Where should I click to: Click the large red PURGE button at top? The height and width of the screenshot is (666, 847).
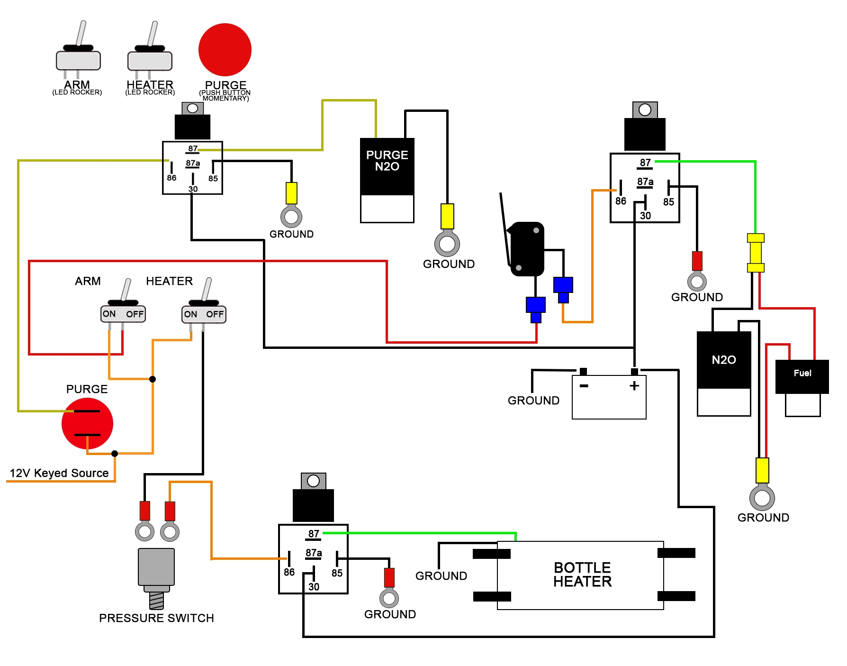pyautogui.click(x=225, y=50)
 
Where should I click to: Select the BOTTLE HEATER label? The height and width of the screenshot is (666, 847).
pyautogui.click(x=582, y=575)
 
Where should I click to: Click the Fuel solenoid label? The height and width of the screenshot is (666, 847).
pyautogui.click(x=802, y=374)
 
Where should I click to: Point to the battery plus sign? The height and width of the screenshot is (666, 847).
pyautogui.click(x=634, y=386)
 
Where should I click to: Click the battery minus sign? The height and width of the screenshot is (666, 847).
pyautogui.click(x=584, y=386)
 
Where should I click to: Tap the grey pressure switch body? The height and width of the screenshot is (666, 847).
pyautogui.click(x=156, y=567)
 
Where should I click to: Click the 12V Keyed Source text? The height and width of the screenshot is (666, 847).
pyautogui.click(x=59, y=473)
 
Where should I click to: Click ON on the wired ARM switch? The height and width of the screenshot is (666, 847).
pyautogui.click(x=109, y=314)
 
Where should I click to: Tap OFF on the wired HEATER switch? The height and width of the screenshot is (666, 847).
pyautogui.click(x=215, y=314)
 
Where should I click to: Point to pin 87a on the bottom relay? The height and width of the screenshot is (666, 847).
pyautogui.click(x=313, y=553)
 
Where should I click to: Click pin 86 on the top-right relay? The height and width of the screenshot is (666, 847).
pyautogui.click(x=621, y=201)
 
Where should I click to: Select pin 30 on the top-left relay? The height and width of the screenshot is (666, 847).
pyautogui.click(x=193, y=189)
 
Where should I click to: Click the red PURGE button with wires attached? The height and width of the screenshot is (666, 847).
pyautogui.click(x=87, y=423)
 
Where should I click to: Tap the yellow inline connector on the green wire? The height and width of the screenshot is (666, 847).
pyautogui.click(x=756, y=253)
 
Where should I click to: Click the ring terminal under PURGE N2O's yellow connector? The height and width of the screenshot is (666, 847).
pyautogui.click(x=447, y=244)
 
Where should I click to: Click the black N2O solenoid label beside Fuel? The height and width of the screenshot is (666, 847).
pyautogui.click(x=723, y=360)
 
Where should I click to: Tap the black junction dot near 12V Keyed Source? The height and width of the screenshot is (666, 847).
pyautogui.click(x=115, y=454)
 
